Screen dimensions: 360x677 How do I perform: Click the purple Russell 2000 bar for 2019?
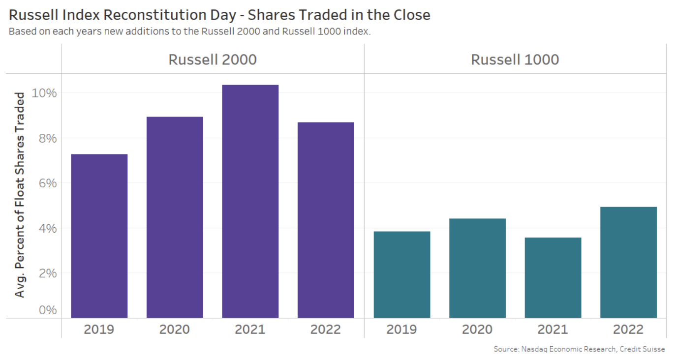pyautogui.click(x=99, y=236)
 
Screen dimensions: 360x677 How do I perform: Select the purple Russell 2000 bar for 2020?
pyautogui.click(x=175, y=217)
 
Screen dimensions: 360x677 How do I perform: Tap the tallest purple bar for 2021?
pyautogui.click(x=250, y=201)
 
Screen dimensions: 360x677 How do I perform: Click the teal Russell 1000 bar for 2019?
pyautogui.click(x=402, y=274)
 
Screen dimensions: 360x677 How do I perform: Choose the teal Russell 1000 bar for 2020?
pyautogui.click(x=477, y=268)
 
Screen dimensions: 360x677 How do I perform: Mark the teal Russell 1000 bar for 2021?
pyautogui.click(x=553, y=278)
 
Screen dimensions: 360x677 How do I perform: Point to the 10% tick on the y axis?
pyautogui.click(x=44, y=93)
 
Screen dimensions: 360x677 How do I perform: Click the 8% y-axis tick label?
pyautogui.click(x=47, y=138)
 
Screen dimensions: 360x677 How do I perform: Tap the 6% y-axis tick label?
pyautogui.click(x=47, y=183)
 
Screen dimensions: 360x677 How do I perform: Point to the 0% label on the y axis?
pyautogui.click(x=47, y=310)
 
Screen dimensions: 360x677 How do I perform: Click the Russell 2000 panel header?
pyautogui.click(x=213, y=60)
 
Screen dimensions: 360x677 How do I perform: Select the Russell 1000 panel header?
pyautogui.click(x=515, y=60)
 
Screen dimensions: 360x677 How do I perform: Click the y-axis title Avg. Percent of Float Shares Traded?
pyautogui.click(x=20, y=195)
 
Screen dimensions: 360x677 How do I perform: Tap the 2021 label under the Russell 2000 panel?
pyautogui.click(x=250, y=329)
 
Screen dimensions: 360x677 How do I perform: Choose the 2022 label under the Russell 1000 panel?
pyautogui.click(x=628, y=329)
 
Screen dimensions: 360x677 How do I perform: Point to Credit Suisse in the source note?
pyautogui.click(x=642, y=349)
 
